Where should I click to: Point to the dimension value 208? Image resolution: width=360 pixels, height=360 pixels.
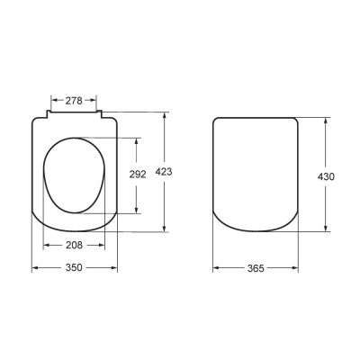pyautogui.click(x=75, y=246)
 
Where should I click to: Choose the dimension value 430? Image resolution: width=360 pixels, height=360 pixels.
pyautogui.click(x=326, y=176)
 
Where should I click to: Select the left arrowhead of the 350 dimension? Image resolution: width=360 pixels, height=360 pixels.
pyautogui.click(x=34, y=267)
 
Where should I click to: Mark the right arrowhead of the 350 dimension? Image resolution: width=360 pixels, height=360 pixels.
pyautogui.click(x=117, y=267)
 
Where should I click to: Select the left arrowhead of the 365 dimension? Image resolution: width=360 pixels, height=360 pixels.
pyautogui.click(x=216, y=267)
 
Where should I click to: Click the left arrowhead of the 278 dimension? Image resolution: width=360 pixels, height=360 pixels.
pyautogui.click(x=52, y=101)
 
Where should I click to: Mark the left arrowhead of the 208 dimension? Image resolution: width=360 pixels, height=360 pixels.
pyautogui.click(x=46, y=246)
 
